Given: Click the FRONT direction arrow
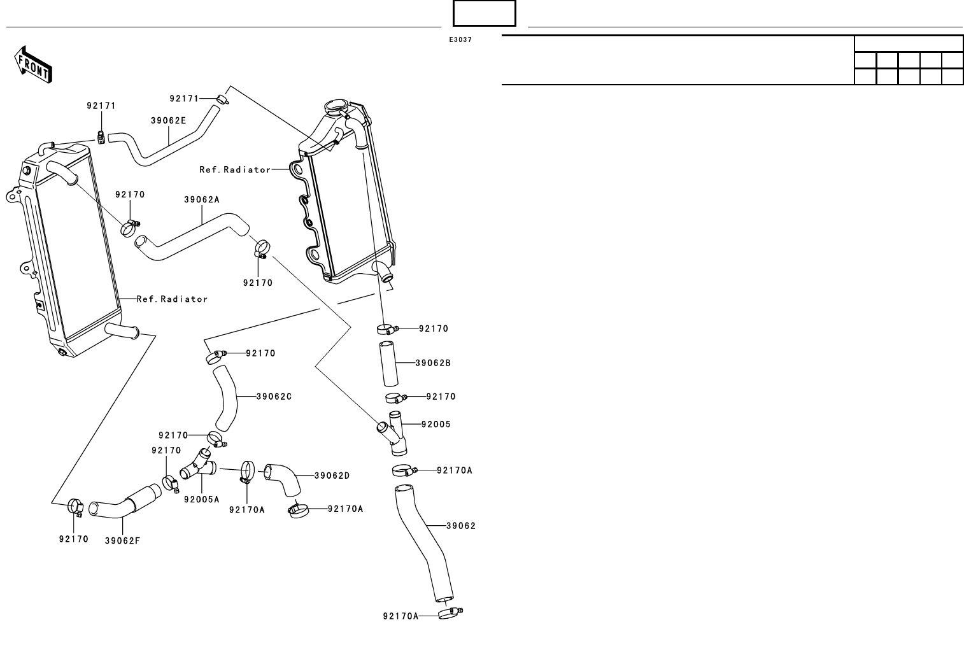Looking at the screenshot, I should (x=33, y=64).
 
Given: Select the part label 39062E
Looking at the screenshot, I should (x=168, y=120).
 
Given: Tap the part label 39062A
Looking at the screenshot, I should (x=201, y=199).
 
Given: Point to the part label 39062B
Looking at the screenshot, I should (x=433, y=364).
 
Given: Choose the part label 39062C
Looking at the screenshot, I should (x=274, y=397).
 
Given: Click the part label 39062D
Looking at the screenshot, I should (x=332, y=476).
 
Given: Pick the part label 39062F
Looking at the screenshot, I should (x=122, y=541).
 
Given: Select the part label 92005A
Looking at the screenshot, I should (x=201, y=500).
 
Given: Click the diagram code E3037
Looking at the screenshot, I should (x=460, y=40).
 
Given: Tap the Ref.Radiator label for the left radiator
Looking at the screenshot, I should (x=172, y=299).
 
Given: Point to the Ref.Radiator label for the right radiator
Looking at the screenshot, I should (x=235, y=170).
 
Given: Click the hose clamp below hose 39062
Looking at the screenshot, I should (x=448, y=613).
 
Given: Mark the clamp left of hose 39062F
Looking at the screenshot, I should (x=76, y=506).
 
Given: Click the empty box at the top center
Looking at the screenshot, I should (x=484, y=13).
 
